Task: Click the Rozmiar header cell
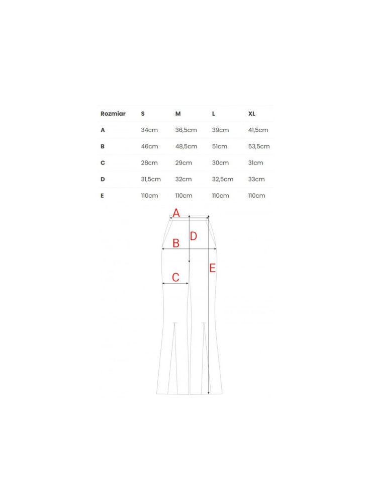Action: [113, 114]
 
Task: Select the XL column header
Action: [252, 114]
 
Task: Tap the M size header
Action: [178, 114]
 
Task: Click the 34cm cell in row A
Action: [149, 130]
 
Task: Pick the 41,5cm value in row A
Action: [258, 130]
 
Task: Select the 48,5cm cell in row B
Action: [186, 146]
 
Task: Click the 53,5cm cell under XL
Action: [259, 146]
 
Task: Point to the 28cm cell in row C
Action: [149, 162]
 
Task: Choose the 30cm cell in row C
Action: [220, 162]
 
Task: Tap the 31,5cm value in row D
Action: [151, 179]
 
